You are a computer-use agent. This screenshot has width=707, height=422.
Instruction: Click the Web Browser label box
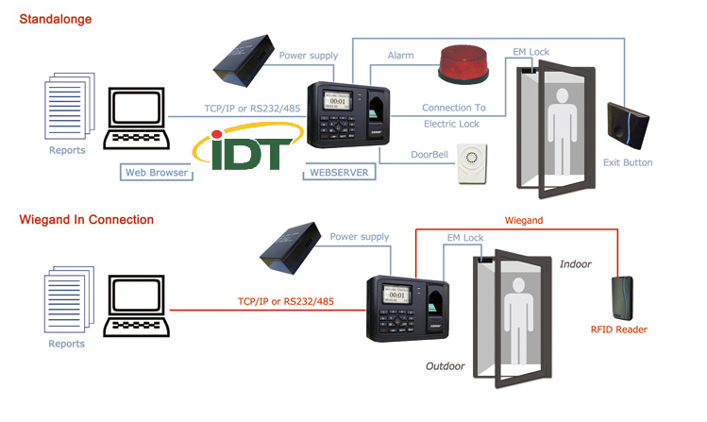point(157,173)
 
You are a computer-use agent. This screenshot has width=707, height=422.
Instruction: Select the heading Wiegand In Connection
point(87,220)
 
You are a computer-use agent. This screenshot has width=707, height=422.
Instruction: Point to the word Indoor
point(575,264)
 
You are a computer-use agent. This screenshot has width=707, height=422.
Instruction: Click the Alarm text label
point(400,57)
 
